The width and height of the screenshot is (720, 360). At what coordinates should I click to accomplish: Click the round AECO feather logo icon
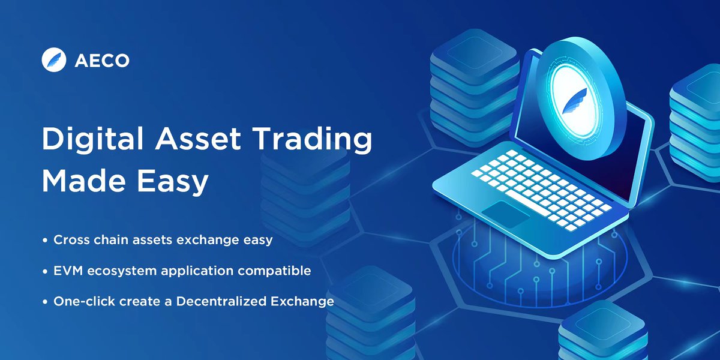(x=53, y=61)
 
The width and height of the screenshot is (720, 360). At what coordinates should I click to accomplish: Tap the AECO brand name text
(x=103, y=61)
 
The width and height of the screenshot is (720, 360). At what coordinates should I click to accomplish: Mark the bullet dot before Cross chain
(x=45, y=241)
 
